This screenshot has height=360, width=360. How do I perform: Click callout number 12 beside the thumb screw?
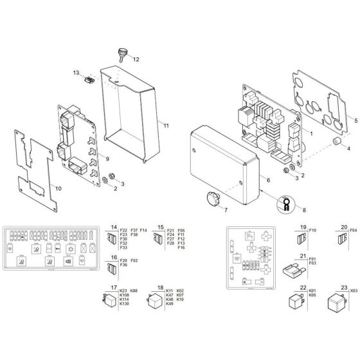pos(136,59)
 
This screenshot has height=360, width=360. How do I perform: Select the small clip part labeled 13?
pos(89,80)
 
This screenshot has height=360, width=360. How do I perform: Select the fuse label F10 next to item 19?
pos(313,230)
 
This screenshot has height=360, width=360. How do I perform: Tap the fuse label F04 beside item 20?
pos(352,230)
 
